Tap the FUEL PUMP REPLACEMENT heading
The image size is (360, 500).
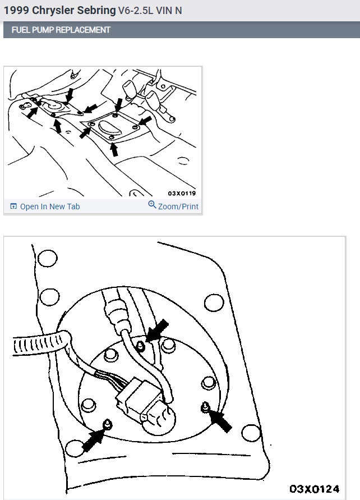pos(61,30)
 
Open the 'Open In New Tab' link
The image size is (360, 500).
pos(50,207)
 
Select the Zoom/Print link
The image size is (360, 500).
pos(178,207)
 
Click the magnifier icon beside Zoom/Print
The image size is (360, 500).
pos(152,204)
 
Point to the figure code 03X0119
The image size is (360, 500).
pos(182,193)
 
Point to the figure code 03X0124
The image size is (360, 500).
pos(315,489)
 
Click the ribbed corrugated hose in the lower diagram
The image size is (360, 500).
pos(40,343)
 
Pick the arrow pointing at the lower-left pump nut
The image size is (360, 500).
pos(93,439)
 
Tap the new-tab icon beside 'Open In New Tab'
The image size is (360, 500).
pos(13,207)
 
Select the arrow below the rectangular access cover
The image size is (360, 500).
pos(114,150)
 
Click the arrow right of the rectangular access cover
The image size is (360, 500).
pos(145,121)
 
